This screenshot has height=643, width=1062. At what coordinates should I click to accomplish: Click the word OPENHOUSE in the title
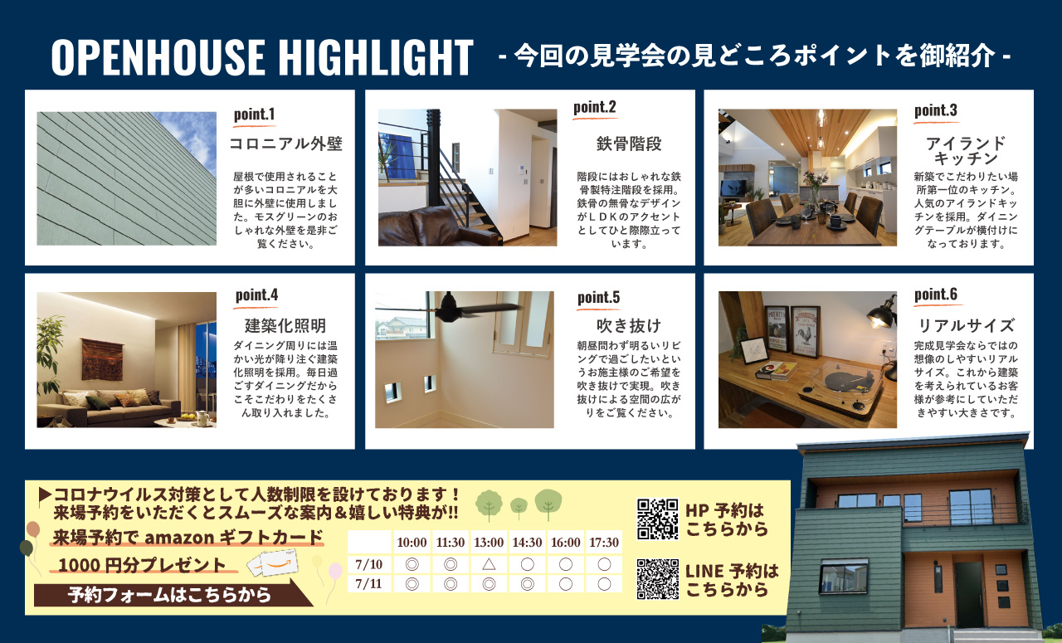point(158,57)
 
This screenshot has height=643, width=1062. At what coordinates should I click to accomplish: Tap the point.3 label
point(935,110)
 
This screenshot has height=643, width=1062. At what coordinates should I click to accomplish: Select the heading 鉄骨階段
point(629,144)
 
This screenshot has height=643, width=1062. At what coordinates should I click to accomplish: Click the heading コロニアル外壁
point(285,144)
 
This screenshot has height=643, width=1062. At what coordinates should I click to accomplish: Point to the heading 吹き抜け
point(629,325)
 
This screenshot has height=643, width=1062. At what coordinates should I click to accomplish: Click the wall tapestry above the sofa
point(101,359)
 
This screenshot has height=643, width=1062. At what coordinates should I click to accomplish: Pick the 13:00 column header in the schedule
point(489,542)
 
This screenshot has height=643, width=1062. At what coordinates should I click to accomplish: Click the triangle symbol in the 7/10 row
point(489,564)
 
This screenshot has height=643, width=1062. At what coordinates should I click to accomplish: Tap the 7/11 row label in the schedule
point(369,584)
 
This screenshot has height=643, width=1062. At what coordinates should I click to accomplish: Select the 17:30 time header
point(604,542)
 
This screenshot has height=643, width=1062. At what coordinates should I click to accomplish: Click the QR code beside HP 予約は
point(657,519)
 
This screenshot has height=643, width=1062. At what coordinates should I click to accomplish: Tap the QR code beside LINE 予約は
point(657,579)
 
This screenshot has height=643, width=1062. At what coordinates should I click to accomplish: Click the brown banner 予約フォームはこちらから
point(170,595)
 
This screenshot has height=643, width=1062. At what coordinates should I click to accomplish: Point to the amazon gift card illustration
point(274,563)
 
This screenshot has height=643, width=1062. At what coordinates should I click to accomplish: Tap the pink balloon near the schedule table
point(335,571)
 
